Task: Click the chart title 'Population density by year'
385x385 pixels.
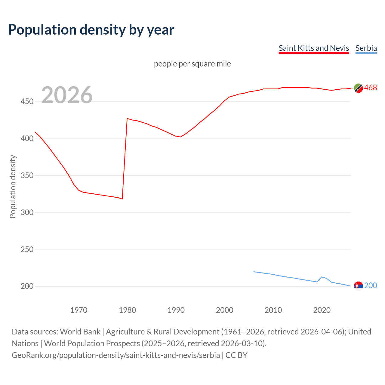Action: [x=91, y=30]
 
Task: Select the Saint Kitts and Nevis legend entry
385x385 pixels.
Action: [x=314, y=48]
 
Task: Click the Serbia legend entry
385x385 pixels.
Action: [x=366, y=48]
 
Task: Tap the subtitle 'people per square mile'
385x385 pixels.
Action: [x=192, y=64]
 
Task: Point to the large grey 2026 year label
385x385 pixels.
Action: [x=67, y=95]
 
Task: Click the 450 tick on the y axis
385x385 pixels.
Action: [x=27, y=102]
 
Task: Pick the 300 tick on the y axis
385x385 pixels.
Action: [x=27, y=212]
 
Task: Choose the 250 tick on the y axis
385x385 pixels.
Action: [x=27, y=249]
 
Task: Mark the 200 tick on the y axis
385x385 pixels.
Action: [x=27, y=286]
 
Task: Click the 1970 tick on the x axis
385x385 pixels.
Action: [x=79, y=310]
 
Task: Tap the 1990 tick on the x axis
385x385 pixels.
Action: [x=176, y=310]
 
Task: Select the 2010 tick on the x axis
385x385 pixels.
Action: [x=273, y=310]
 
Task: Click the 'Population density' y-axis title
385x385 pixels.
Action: [x=13, y=186]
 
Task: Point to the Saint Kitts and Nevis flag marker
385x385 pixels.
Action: [x=358, y=88]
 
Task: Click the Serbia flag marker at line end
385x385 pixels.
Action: [x=358, y=286]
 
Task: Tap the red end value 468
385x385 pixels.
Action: [x=370, y=88]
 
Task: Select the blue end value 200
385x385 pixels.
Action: [x=370, y=285]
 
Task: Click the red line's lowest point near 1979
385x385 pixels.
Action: [x=122, y=199]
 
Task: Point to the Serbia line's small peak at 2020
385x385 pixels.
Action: [x=322, y=277]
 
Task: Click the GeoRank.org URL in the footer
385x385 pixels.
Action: [x=116, y=355]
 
